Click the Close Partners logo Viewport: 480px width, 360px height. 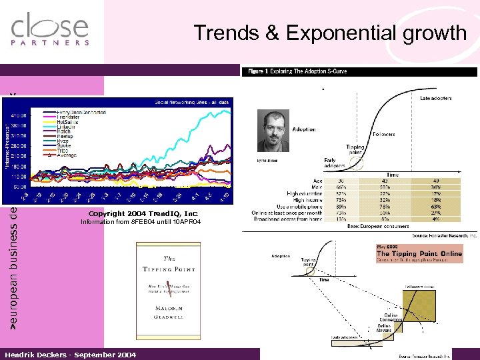click(x=50, y=30)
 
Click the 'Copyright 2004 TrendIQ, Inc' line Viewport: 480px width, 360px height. click(x=139, y=213)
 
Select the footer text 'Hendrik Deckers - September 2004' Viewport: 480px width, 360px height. click(x=70, y=355)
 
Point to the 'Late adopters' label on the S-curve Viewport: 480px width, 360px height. click(x=435, y=98)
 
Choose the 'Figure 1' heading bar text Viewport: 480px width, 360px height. click(x=297, y=71)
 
